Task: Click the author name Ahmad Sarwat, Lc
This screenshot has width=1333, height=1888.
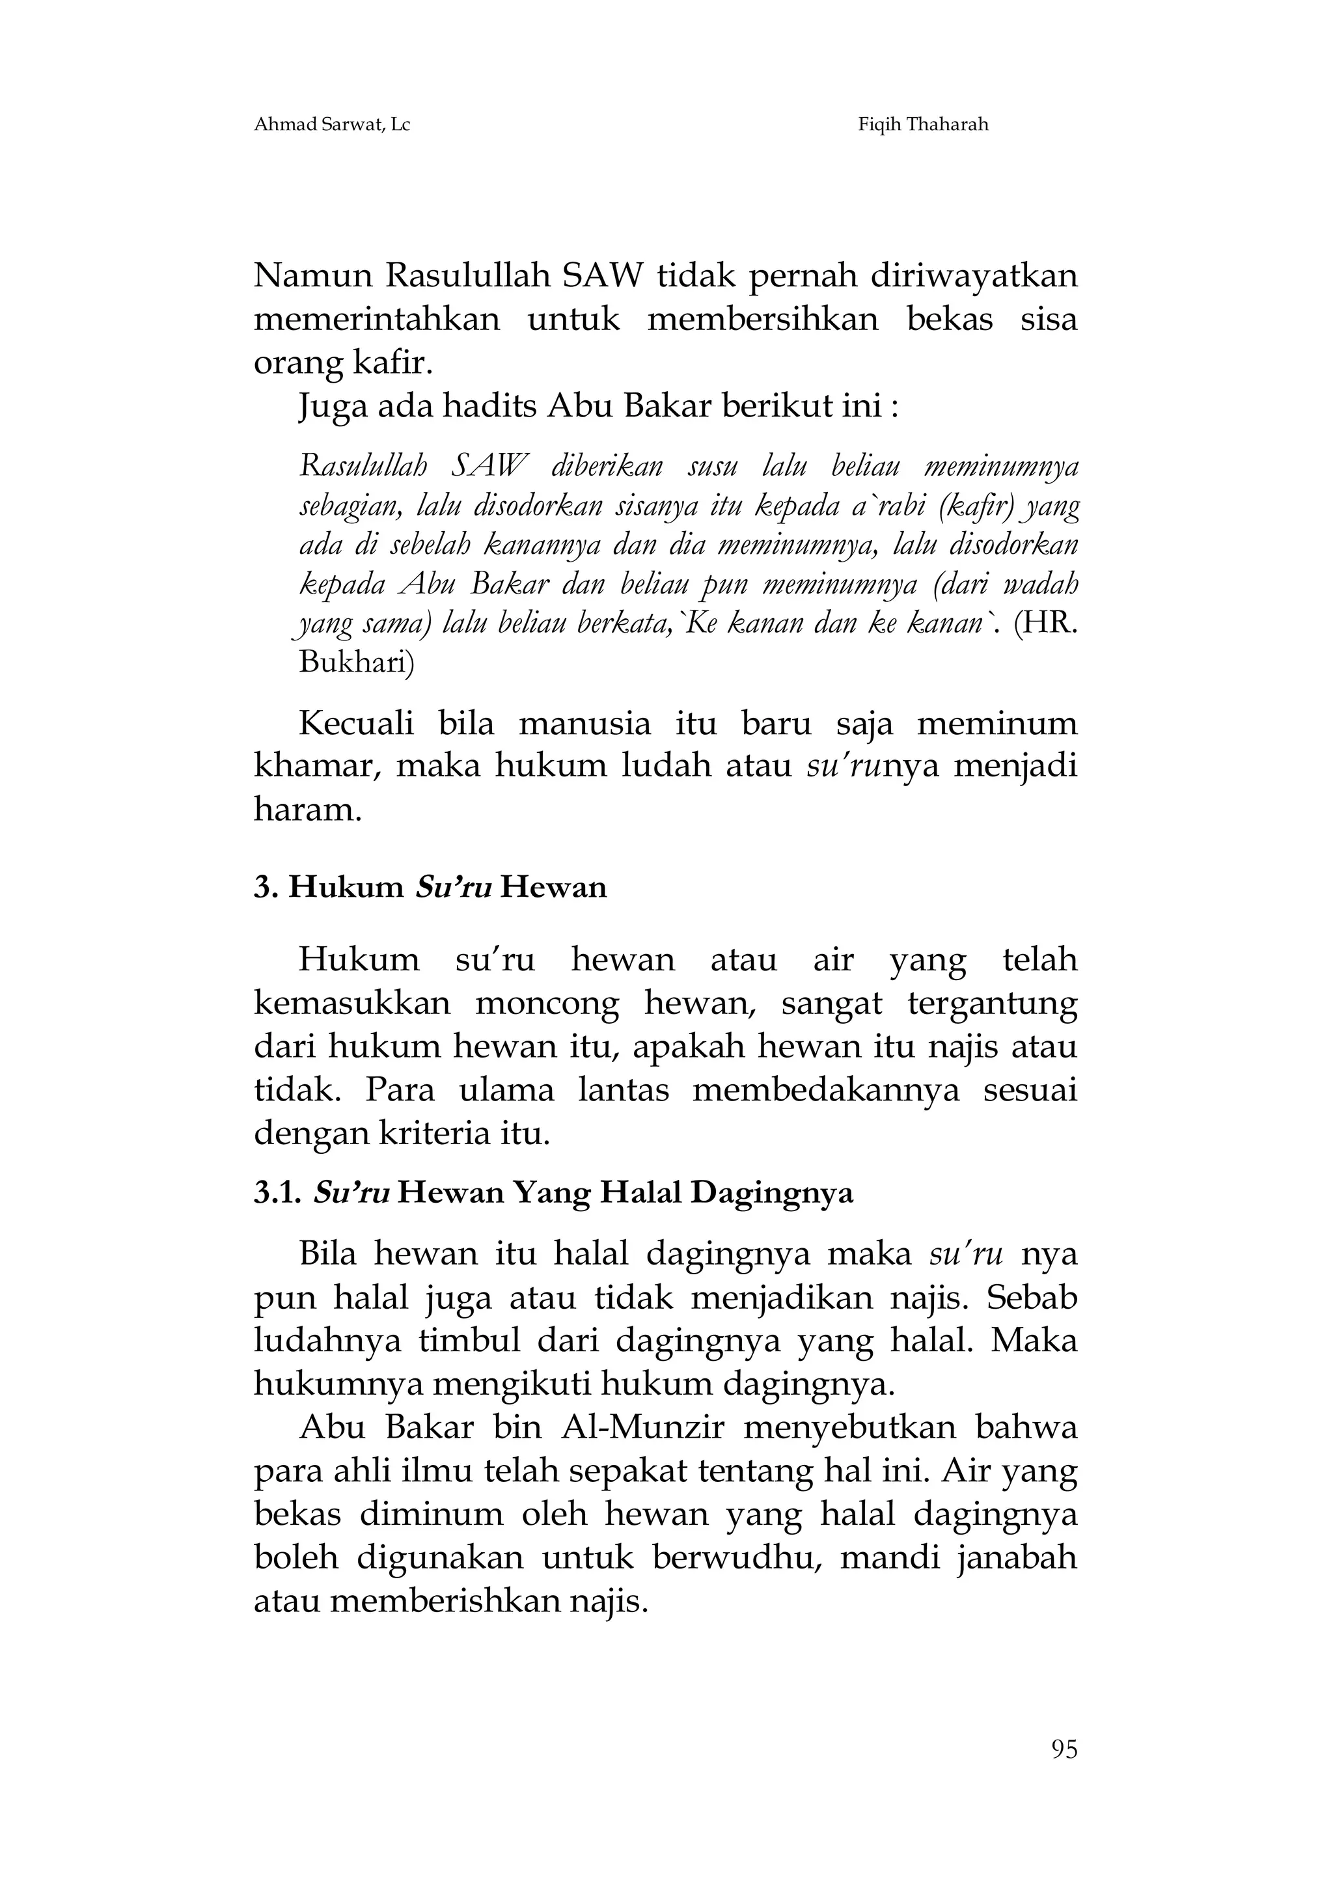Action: [332, 125]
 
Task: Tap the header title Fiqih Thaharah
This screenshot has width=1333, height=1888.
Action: [923, 125]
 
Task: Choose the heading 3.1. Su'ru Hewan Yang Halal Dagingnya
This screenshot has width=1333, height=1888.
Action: [553, 1192]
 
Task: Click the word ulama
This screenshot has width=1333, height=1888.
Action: [506, 1090]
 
